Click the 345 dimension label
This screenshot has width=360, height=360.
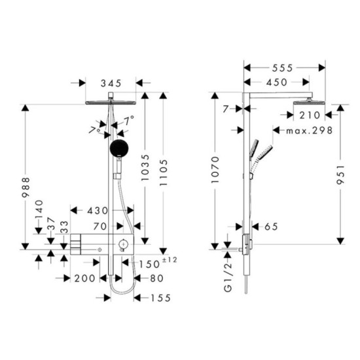click(x=111, y=83)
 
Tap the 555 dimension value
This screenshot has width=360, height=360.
click(x=282, y=68)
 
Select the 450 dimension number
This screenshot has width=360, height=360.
click(x=277, y=82)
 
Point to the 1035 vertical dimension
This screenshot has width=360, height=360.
click(x=145, y=168)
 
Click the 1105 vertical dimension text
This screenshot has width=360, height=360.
click(x=164, y=173)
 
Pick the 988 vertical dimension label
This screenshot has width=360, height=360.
click(x=26, y=187)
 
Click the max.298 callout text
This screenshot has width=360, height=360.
click(x=309, y=131)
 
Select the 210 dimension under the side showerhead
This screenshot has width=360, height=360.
click(x=310, y=115)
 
